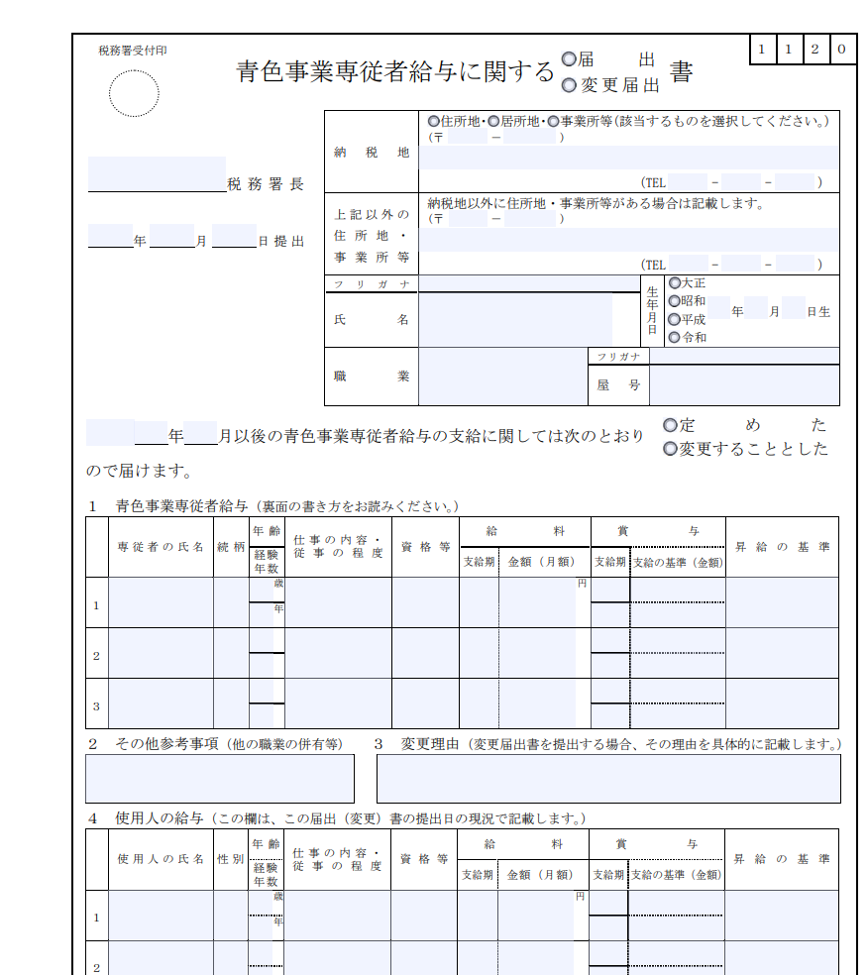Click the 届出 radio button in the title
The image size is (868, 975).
[x=569, y=59]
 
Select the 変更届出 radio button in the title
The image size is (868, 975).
[x=569, y=85]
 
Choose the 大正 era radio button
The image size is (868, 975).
[x=675, y=283]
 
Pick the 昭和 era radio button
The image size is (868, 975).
[x=675, y=301]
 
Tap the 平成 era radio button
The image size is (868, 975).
[x=675, y=319]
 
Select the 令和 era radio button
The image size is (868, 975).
[x=675, y=337]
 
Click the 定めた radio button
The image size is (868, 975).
[x=671, y=425]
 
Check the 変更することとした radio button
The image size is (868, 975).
[x=671, y=449]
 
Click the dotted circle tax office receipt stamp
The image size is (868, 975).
[x=134, y=94]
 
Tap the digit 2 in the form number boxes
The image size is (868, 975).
[x=814, y=50]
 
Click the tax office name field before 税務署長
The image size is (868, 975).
[x=157, y=174]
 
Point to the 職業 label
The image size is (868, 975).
[x=372, y=377]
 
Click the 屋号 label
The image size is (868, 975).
[x=619, y=385]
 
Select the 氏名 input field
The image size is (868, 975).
[x=515, y=319]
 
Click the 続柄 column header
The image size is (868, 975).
[x=231, y=546]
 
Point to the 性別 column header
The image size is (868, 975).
[x=231, y=859]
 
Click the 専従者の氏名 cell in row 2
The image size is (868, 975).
[x=161, y=654]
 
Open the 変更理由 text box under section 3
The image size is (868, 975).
[x=608, y=778]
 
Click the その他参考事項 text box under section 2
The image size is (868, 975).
[x=220, y=778]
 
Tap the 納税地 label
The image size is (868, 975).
[x=372, y=153]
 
